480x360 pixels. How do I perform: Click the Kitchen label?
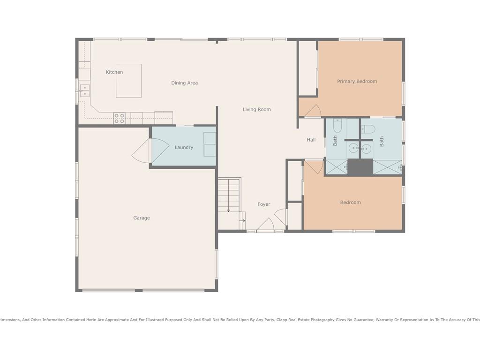point(114,72)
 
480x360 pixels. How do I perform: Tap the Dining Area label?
point(184,83)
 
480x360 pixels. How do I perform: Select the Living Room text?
point(257,110)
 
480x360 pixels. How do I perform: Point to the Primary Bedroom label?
point(357,82)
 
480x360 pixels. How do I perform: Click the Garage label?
point(142,218)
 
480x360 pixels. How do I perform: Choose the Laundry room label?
point(184,148)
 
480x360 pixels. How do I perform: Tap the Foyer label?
point(263,204)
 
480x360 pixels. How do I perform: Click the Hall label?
point(311,140)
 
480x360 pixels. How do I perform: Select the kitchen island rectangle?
point(128,81)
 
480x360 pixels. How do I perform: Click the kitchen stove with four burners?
point(119,119)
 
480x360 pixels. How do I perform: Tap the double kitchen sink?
point(84,91)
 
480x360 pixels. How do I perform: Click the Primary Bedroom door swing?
point(313,111)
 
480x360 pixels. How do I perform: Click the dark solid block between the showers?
point(360,167)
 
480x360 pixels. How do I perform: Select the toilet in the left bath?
point(337,126)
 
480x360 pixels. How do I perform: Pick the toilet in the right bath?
point(368,129)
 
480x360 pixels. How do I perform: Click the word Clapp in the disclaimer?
point(282,320)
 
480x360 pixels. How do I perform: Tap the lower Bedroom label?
point(350,202)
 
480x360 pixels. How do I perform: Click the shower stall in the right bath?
point(387,167)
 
